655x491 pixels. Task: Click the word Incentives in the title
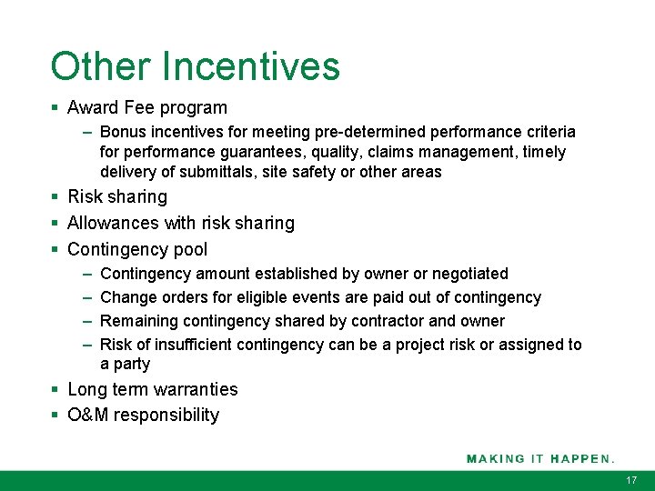coord(251,66)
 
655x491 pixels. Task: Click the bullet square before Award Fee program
coord(55,108)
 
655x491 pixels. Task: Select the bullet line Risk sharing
coord(116,196)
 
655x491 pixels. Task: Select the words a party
coord(125,364)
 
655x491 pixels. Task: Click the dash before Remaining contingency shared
coord(86,321)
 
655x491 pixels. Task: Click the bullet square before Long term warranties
coord(55,389)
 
